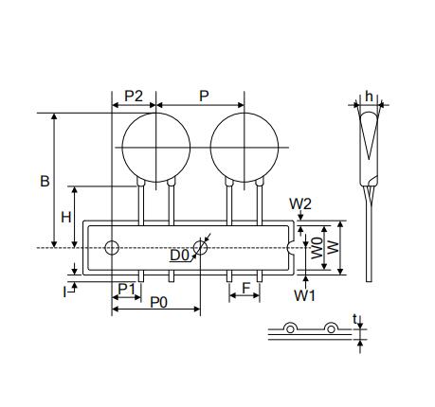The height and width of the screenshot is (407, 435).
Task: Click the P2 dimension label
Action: coord(134,96)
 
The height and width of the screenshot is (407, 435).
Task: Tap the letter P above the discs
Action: coord(204,96)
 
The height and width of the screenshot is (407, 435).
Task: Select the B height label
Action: coord(45,181)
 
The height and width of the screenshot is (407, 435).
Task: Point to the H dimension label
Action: coord(65,217)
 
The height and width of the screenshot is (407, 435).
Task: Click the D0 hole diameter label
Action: coord(179,255)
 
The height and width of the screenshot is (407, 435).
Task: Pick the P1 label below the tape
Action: coord(126,289)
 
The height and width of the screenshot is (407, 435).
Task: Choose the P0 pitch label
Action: coord(158,302)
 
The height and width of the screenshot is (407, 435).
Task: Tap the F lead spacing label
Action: coord(245,288)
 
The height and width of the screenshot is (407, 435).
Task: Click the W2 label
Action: coord(300,204)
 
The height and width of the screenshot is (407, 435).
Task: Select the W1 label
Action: coord(305,295)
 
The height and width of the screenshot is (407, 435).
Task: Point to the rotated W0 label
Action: coord(317,248)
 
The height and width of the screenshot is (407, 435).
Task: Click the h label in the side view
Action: coord(369,97)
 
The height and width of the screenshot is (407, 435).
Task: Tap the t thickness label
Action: coord(354,319)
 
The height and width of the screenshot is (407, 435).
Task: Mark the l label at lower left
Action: coord(64,292)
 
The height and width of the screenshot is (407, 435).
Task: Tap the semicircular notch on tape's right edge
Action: coord(289,248)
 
